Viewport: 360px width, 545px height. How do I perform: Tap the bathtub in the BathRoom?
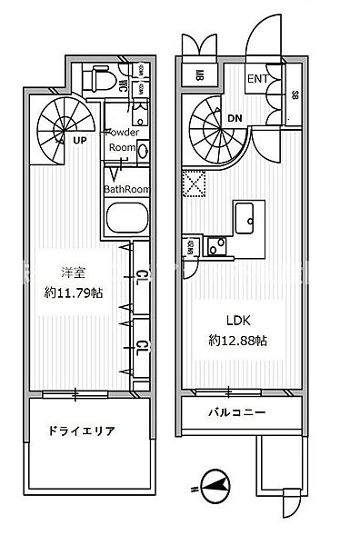pos(126,219)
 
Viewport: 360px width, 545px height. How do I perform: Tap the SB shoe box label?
pos(295,94)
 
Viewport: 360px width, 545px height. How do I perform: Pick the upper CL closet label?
pos(142,276)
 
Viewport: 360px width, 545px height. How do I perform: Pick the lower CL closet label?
pos(142,346)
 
